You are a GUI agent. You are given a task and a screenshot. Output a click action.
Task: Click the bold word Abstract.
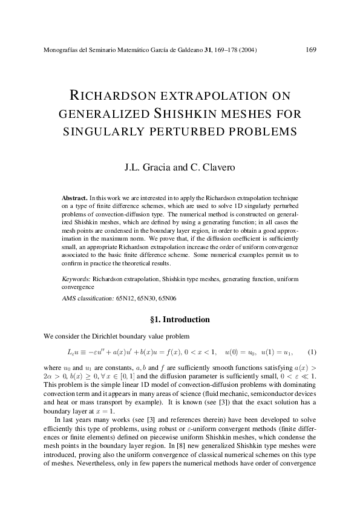[x=75, y=198]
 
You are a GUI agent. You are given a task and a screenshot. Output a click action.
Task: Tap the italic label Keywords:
[x=76, y=279]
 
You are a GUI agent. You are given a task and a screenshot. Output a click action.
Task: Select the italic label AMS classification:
[x=88, y=298]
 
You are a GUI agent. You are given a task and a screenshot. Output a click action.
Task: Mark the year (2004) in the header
[x=247, y=50]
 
